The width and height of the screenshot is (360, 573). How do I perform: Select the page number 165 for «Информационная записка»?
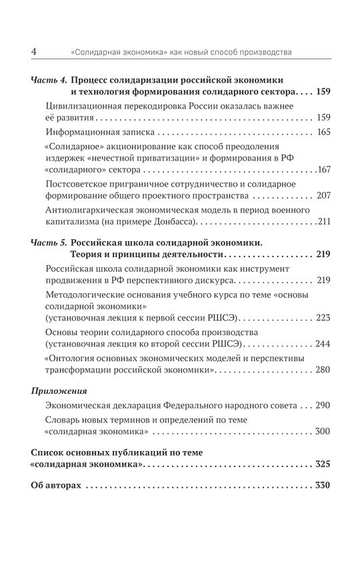(x=324, y=133)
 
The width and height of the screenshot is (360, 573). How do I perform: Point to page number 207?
(x=324, y=197)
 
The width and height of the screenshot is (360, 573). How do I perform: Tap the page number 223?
(x=324, y=317)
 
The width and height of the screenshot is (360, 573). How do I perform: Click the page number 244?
(x=324, y=344)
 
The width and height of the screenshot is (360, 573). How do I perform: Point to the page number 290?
(x=324, y=406)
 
